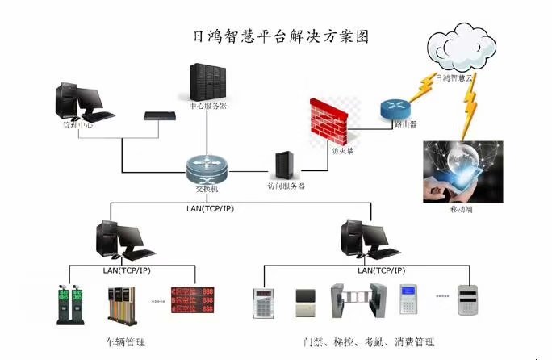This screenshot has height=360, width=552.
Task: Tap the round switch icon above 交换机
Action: (x=207, y=168)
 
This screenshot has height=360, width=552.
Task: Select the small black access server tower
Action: (x=284, y=165)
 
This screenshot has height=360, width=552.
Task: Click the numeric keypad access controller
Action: (x=264, y=303)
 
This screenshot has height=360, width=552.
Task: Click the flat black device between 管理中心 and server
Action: (x=160, y=115)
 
